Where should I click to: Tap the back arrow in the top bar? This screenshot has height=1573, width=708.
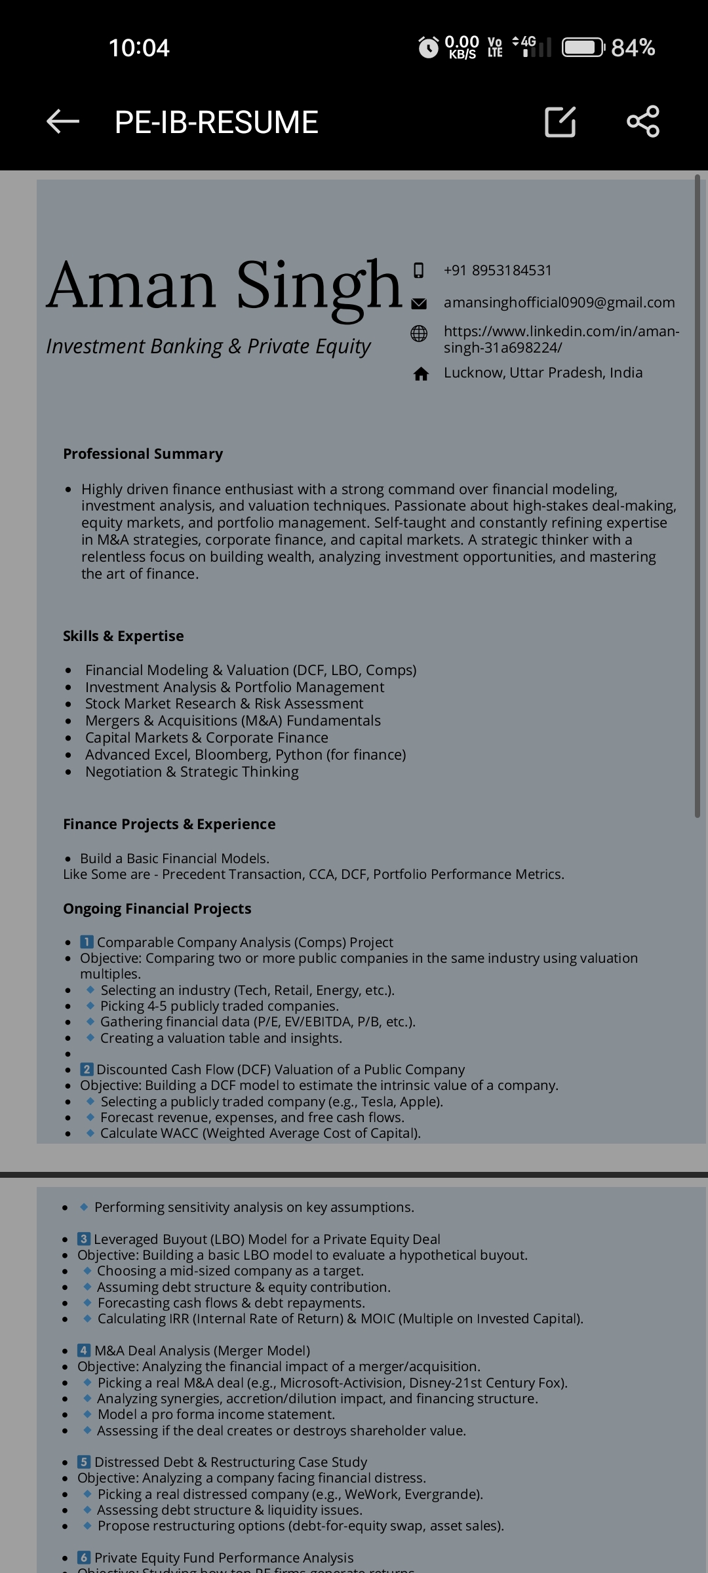(x=63, y=121)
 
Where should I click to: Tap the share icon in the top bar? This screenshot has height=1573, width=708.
(x=643, y=121)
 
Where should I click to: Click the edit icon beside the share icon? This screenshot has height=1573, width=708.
(x=560, y=121)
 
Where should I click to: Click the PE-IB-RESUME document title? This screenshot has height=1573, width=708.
(x=216, y=123)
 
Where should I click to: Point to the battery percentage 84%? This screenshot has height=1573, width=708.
(x=633, y=48)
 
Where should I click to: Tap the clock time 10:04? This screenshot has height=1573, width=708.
(x=139, y=48)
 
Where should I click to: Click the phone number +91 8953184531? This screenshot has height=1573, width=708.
(x=498, y=270)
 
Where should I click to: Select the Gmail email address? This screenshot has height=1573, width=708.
(x=559, y=302)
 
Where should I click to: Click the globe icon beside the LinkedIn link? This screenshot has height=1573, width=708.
(x=419, y=334)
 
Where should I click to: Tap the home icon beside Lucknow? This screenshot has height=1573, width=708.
(x=421, y=374)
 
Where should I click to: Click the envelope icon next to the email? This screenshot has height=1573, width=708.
(x=419, y=303)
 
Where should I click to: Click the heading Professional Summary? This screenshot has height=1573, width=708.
(x=143, y=454)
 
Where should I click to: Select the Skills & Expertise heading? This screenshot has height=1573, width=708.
(x=123, y=636)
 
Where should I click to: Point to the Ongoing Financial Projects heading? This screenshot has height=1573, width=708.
(x=157, y=908)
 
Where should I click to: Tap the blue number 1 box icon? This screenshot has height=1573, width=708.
(x=87, y=942)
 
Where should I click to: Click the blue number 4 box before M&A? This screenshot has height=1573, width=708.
(x=84, y=1350)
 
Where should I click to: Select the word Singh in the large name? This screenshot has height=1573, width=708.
(x=319, y=286)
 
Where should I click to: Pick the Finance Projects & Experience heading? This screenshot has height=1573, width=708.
(x=169, y=824)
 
